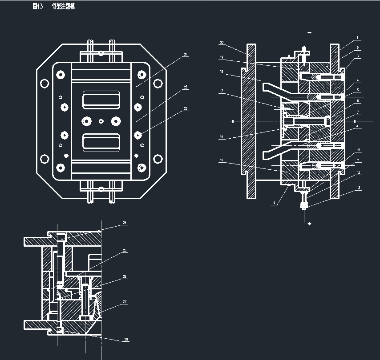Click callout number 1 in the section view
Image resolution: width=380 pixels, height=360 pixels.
point(357,38)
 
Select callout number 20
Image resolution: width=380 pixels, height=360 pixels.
point(222,43)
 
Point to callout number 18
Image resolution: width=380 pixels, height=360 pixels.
point(221,72)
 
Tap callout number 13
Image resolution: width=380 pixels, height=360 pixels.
point(358,189)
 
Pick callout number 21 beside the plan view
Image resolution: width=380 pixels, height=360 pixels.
point(185,55)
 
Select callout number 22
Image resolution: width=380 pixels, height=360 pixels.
point(185,87)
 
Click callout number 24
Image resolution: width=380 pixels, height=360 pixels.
point(125,222)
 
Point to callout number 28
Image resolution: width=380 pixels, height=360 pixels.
point(126,339)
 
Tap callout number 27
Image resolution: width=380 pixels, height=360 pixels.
point(125,301)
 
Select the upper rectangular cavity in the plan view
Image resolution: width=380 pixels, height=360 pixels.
point(101,100)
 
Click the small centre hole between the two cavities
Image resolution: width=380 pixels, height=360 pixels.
point(101,121)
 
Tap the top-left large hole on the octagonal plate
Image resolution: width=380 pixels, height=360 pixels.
point(44,83)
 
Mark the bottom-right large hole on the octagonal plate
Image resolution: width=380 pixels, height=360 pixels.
point(158,159)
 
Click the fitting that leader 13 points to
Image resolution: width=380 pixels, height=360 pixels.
point(304,205)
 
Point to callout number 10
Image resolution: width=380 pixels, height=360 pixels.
point(358,150)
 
